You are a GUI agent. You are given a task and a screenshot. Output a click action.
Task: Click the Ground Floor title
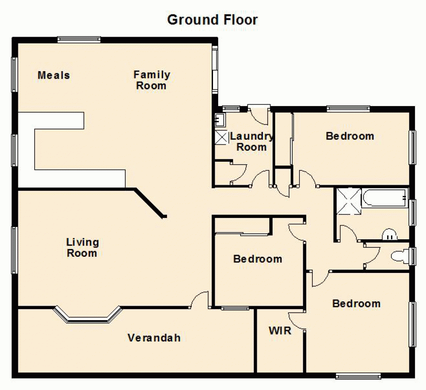coord(212,20)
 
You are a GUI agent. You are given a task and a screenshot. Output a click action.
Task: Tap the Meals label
coord(54,75)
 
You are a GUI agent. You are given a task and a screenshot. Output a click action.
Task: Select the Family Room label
coord(152,80)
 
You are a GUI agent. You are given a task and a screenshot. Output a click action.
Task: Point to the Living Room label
coord(82,248)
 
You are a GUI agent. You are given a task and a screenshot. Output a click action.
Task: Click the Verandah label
coord(154,338)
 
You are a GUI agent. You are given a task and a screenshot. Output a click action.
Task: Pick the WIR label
coord(280,330)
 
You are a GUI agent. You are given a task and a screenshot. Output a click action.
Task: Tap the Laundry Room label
coord(251,142)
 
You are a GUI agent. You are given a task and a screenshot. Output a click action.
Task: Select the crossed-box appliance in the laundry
coord(222,138)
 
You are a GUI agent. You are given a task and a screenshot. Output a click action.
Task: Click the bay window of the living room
coord(88,315)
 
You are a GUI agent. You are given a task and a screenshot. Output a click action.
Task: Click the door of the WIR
coord(296,320)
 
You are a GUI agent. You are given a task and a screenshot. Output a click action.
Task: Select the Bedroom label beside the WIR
coord(356,304)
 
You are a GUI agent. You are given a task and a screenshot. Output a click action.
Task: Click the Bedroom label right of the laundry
coord(350,136)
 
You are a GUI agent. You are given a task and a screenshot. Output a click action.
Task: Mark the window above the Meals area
coord(79,40)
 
